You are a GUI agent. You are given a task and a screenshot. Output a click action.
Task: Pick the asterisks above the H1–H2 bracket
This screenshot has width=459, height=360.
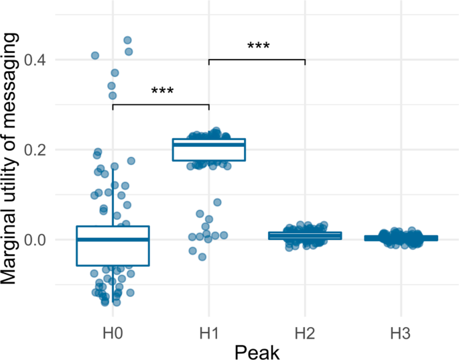pos(258,47)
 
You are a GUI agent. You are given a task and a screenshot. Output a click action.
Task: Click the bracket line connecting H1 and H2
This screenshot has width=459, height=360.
pos(257,60)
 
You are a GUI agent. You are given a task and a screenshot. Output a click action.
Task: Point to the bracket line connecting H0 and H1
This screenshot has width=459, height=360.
pos(161,105)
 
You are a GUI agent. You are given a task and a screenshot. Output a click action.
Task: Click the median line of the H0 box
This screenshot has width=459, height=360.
pos(113,239)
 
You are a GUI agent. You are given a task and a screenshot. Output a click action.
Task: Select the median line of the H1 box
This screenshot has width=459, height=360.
pos(209,144)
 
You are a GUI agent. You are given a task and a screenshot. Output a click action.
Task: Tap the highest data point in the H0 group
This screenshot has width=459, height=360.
pos(127,40)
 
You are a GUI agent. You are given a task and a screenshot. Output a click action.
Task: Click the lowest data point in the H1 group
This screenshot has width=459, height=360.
pos(202,257)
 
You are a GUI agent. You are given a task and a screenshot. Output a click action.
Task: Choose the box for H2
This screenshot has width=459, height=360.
pos(305,235)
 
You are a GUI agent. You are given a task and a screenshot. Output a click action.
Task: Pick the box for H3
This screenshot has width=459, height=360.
pos(401,238)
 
